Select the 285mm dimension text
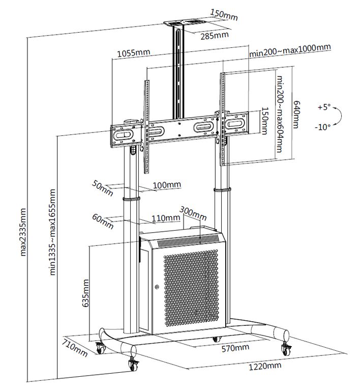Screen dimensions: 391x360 click(214, 36)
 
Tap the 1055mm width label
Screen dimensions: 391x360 click(133, 52)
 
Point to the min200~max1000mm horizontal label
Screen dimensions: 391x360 click(290, 48)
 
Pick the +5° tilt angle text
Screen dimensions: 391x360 click(323, 107)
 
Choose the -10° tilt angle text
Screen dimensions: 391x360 click(323, 126)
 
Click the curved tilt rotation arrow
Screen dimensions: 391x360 click(340, 117)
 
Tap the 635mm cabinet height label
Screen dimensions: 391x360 click(85, 293)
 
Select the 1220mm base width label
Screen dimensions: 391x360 click(267, 366)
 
